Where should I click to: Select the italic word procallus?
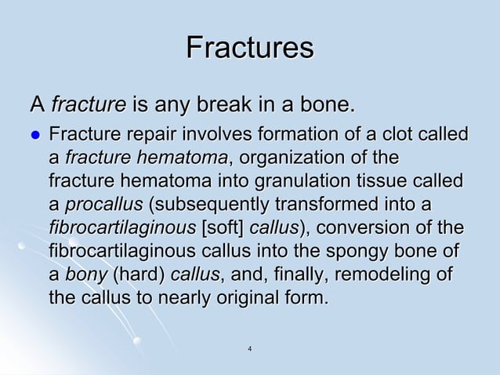tap(103, 205)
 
